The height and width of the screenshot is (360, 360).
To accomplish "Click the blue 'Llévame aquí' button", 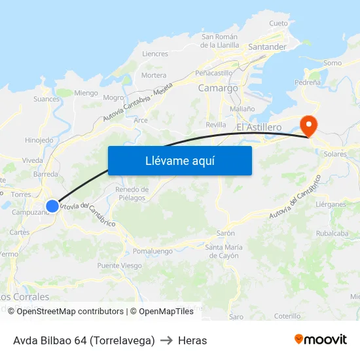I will pyautogui.click(x=179, y=160).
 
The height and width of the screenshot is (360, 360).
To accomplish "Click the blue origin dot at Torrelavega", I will pyautogui.click(x=52, y=206).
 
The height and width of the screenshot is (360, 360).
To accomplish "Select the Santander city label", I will pyautogui.click(x=267, y=47).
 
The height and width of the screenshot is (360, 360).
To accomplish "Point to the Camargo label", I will pyautogui.click(x=217, y=88).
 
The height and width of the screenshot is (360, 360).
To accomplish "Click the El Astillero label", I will pyautogui.click(x=259, y=126).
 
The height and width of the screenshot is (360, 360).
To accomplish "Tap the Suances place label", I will pyautogui.click(x=46, y=99).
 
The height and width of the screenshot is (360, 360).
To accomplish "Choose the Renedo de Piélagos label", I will pyautogui.click(x=132, y=193).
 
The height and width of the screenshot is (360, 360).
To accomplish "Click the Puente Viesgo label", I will pyautogui.click(x=119, y=266).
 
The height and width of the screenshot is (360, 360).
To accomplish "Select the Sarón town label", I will pyautogui.click(x=225, y=233).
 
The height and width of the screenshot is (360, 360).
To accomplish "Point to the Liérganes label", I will pyautogui.click(x=331, y=204).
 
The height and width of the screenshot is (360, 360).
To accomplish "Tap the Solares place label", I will pyautogui.click(x=335, y=153).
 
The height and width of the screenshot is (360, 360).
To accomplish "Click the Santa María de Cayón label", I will pyautogui.click(x=224, y=251).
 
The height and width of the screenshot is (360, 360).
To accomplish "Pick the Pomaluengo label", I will pyautogui.click(x=153, y=251).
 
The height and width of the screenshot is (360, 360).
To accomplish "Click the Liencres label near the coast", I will pyautogui.click(x=155, y=54).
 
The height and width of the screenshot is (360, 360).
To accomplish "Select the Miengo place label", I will pyautogui.click(x=86, y=93).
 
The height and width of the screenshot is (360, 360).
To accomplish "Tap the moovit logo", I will pyautogui.click(x=321, y=340).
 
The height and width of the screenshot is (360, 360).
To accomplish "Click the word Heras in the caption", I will pyautogui.click(x=192, y=340).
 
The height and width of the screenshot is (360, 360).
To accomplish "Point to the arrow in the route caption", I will pyautogui.click(x=166, y=340).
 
